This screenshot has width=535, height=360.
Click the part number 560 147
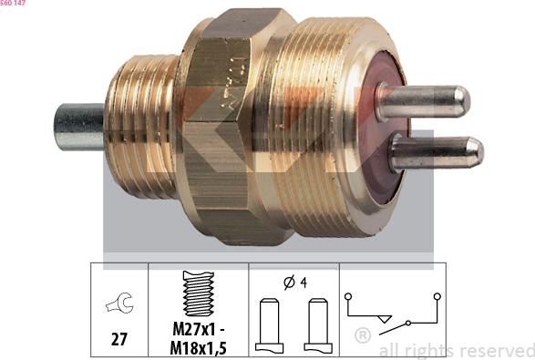pos(15,5)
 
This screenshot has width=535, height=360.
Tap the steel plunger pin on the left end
pos(78,128)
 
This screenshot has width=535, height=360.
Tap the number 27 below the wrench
pos(119,339)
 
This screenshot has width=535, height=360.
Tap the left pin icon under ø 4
pos(269,324)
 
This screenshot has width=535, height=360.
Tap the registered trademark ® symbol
pos(362,335)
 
